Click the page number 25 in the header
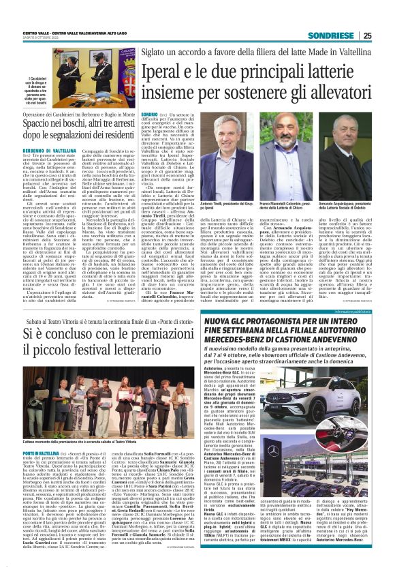pyautogui.click(x=385, y=35)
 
